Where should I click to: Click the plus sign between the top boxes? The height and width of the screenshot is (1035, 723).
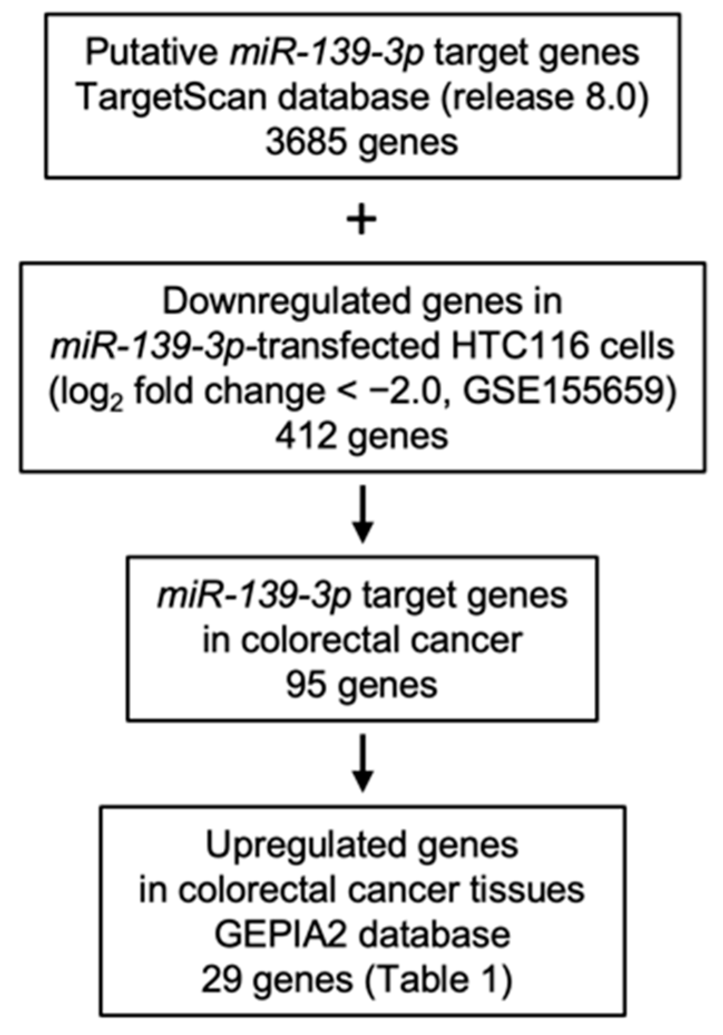tap(362, 221)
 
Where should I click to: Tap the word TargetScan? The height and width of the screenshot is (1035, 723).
tap(170, 97)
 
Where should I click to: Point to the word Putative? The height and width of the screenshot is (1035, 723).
tap(153, 53)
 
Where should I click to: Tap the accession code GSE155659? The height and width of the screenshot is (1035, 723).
tap(569, 391)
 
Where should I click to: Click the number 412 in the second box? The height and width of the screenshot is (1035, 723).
tap(306, 436)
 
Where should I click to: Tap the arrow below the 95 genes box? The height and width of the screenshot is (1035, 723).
tap(362, 763)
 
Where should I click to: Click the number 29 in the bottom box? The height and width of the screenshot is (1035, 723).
tap(221, 979)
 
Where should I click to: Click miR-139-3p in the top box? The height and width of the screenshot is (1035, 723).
tap(327, 53)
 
